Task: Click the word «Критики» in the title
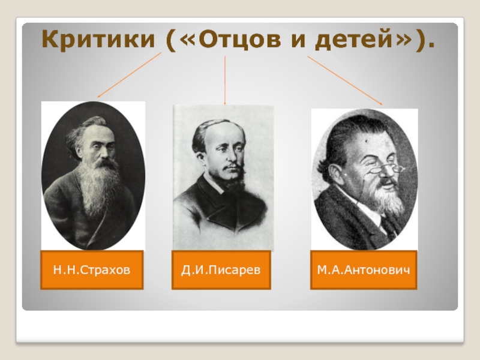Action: tap(98, 39)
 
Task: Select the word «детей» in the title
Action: tap(354, 40)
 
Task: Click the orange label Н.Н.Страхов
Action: tap(92, 269)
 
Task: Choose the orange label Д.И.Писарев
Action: tap(221, 269)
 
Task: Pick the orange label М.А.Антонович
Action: tap(364, 269)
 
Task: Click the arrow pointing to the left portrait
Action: tap(129, 75)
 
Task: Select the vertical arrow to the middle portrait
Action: tap(225, 80)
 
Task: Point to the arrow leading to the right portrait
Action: tap(345, 81)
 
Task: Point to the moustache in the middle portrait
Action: tap(232, 168)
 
